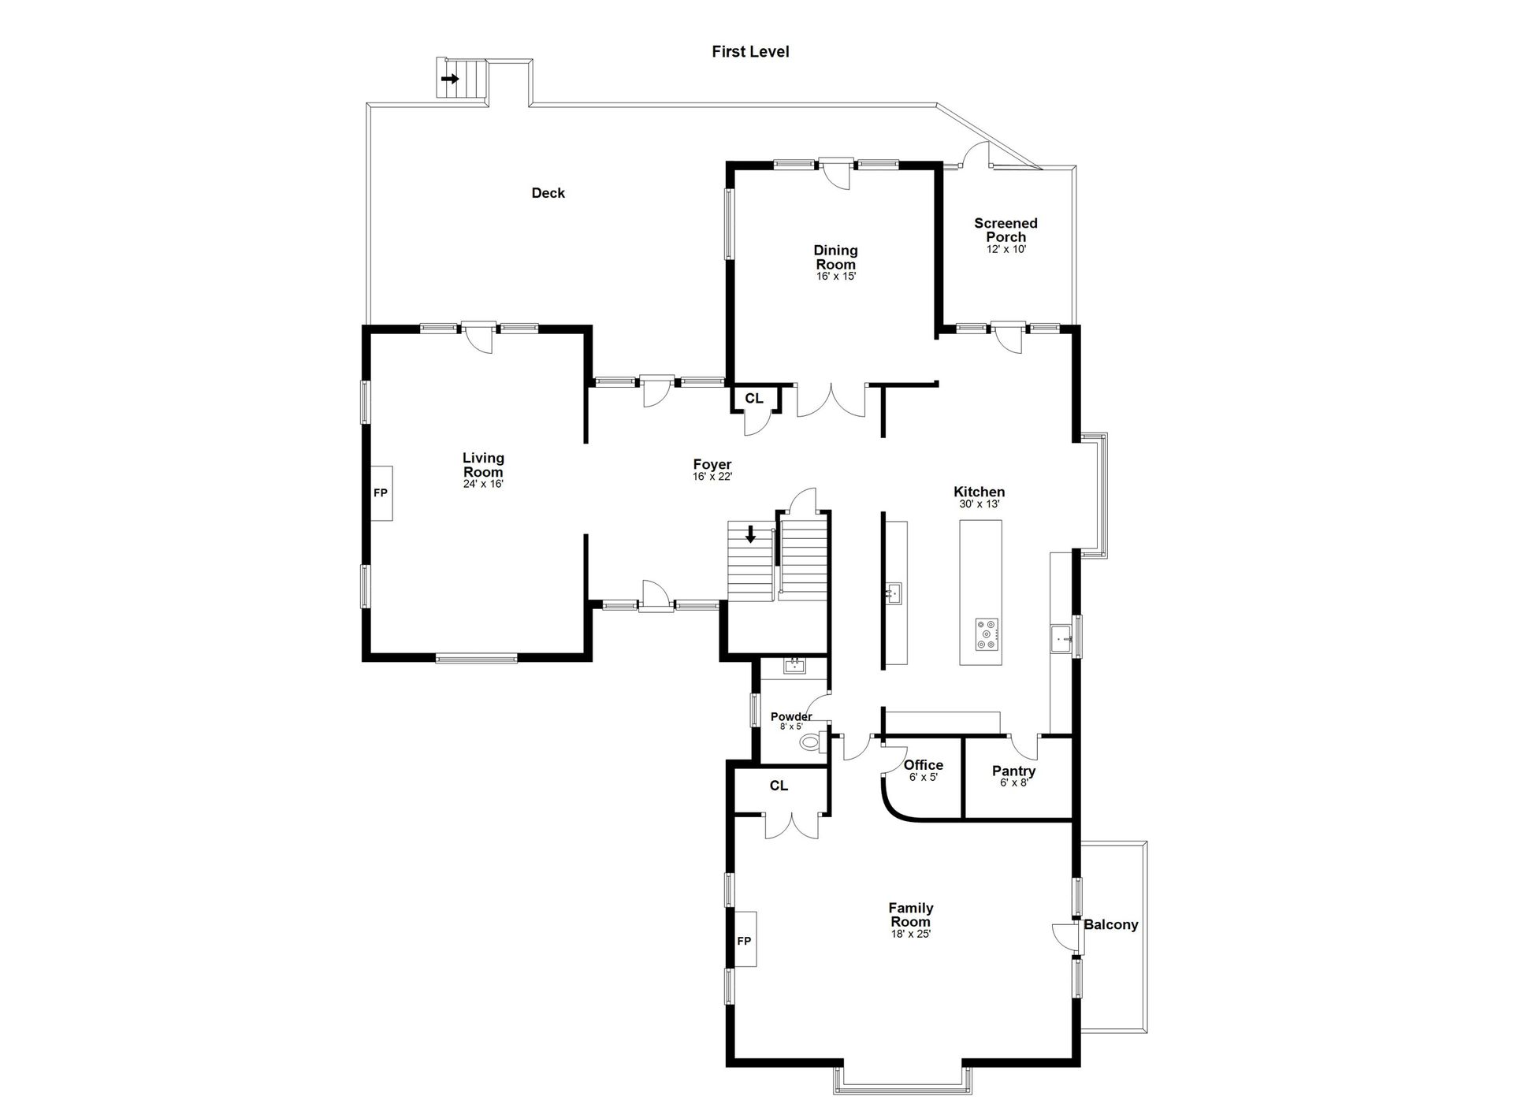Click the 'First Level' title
pos(750,52)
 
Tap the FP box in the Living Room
pos(381,493)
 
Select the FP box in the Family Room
pos(745,940)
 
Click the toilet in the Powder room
pos(811,742)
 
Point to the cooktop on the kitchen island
pos(987,634)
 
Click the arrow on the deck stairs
pos(450,79)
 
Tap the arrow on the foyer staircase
pos(751,534)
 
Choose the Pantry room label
pos(1013,771)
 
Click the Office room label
pos(924,764)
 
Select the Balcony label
pos(1110,924)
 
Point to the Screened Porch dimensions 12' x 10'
pos(1006,249)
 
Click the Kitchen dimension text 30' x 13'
pos(980,504)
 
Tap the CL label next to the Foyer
pos(754,398)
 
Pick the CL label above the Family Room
pos(779,786)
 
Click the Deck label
pos(548,193)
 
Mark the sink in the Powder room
pos(794,666)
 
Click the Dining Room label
pos(836,258)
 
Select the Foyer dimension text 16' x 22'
pos(713,477)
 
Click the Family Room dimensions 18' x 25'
pos(911,935)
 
